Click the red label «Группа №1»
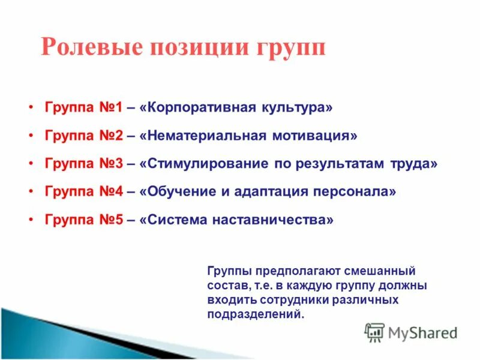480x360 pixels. tap(83, 108)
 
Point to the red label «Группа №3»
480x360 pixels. tap(83, 164)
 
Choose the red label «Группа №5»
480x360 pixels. tap(83, 220)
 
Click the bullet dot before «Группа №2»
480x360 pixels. tap(31, 136)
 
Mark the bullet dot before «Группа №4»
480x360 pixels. tap(31, 192)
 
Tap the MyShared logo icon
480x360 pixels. tap(374, 332)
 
